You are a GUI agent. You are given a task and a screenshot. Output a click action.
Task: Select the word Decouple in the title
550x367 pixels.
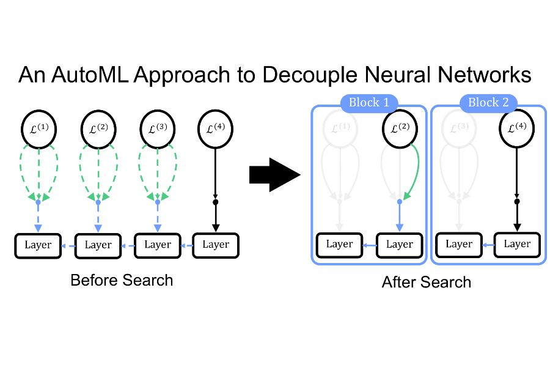pyautogui.click(x=317, y=75)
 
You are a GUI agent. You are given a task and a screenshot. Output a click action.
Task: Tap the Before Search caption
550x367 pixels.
pyautogui.click(x=122, y=280)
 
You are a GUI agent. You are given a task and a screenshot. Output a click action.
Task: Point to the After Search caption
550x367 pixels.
pyautogui.click(x=427, y=282)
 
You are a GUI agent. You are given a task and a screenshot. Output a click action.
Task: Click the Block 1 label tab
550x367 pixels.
pyautogui.click(x=369, y=102)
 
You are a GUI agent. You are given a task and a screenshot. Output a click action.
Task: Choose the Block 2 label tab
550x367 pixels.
pyautogui.click(x=488, y=102)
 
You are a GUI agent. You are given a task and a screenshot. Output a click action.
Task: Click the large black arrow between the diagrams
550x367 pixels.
pyautogui.click(x=274, y=176)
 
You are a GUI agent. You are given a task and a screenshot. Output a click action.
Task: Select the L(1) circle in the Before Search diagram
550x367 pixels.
pyautogui.click(x=38, y=129)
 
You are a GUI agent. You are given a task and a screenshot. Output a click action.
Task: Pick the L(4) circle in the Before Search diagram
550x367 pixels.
pyautogui.click(x=215, y=129)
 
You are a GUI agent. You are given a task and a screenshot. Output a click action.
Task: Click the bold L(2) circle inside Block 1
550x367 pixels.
pyautogui.click(x=399, y=129)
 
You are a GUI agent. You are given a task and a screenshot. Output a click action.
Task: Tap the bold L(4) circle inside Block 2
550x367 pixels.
pyautogui.click(x=517, y=129)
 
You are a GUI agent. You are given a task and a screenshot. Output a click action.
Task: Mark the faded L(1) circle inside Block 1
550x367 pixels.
pyautogui.click(x=340, y=129)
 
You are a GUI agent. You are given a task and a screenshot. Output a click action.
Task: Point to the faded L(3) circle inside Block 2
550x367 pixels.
pyautogui.click(x=458, y=129)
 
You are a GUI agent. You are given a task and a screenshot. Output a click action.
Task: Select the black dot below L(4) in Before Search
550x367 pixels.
pyautogui.click(x=215, y=201)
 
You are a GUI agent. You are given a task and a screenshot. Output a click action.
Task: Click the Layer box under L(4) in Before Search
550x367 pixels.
pyautogui.click(x=215, y=245)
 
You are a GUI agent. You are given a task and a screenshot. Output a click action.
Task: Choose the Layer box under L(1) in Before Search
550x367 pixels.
pyautogui.click(x=38, y=245)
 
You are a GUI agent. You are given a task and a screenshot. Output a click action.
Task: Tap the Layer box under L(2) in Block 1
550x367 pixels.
pyautogui.click(x=399, y=244)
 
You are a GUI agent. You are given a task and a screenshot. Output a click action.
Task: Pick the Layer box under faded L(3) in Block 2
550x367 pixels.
pyautogui.click(x=458, y=244)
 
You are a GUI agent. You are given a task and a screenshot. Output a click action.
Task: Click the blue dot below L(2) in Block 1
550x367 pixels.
pyautogui.click(x=399, y=201)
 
